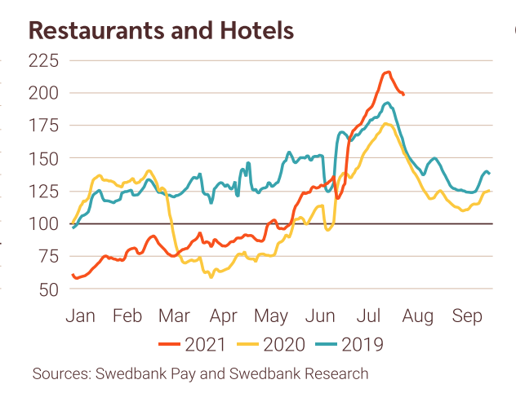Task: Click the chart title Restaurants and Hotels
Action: tap(161, 31)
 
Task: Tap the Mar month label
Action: tap(176, 316)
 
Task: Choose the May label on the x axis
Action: tap(272, 316)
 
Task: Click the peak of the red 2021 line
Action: tap(388, 73)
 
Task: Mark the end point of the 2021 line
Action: tap(403, 95)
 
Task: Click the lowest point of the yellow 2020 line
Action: tap(211, 277)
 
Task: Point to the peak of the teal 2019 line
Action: tap(387, 104)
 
